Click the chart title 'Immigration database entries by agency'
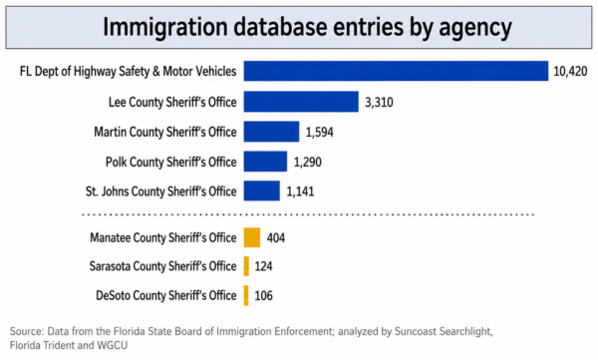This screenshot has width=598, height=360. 307,28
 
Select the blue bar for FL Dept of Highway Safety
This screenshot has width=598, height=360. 396,71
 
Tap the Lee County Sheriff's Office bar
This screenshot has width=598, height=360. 301,102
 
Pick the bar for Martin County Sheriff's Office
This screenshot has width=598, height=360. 271,132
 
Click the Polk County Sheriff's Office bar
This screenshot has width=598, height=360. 265,162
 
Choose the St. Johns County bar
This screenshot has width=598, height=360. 262,190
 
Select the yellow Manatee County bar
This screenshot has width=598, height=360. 252,237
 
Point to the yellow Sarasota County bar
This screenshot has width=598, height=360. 247,266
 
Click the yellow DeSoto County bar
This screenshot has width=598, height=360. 246,295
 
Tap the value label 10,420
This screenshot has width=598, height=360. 570,72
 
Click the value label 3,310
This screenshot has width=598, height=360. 379,103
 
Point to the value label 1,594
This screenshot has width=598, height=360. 320,133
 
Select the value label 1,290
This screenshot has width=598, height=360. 307,163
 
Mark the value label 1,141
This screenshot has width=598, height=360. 300,191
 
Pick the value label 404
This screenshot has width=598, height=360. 276,238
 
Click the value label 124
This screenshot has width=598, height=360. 263,266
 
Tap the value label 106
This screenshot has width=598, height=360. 263,295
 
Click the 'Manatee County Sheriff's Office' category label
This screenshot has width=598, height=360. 163,237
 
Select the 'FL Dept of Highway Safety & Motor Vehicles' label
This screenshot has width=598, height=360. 129,72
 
